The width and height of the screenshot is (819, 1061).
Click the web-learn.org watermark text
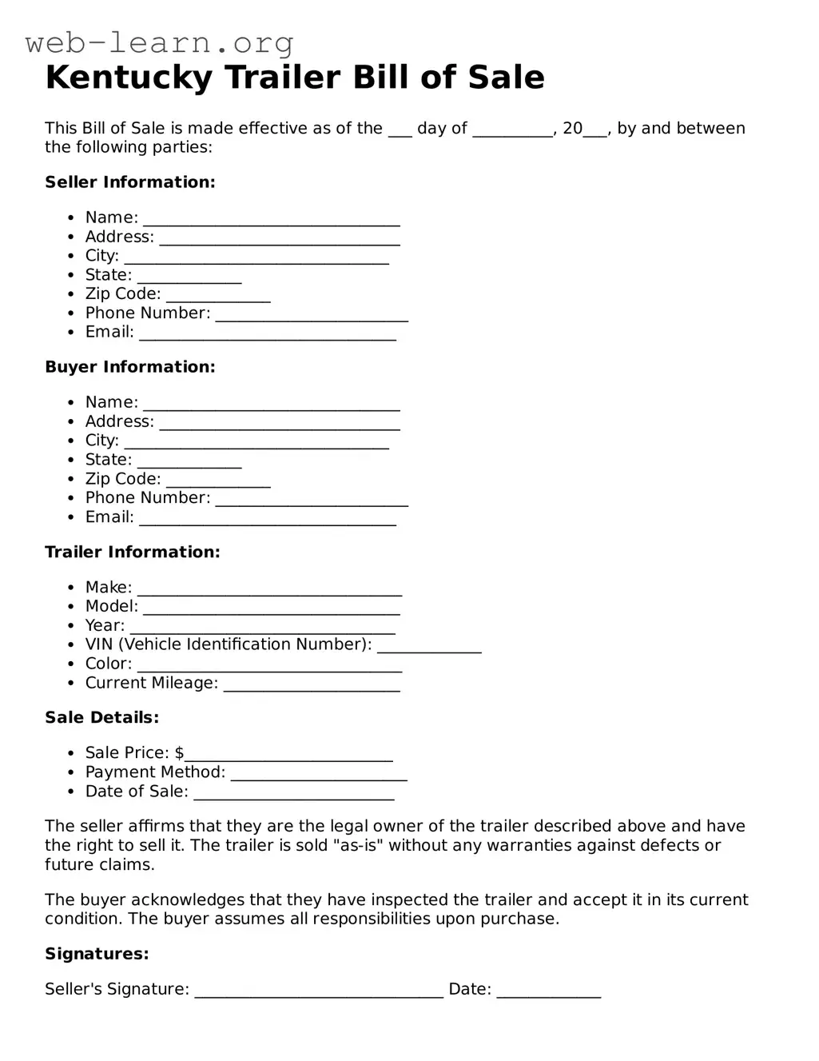[160, 42]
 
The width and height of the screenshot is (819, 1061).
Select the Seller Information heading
[130, 182]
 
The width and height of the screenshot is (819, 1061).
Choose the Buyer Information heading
[130, 367]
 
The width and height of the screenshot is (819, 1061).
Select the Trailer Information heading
[133, 552]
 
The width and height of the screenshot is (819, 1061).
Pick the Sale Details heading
[102, 717]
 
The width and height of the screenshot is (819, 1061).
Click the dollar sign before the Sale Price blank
[179, 753]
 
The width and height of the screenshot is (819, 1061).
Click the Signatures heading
[97, 954]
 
